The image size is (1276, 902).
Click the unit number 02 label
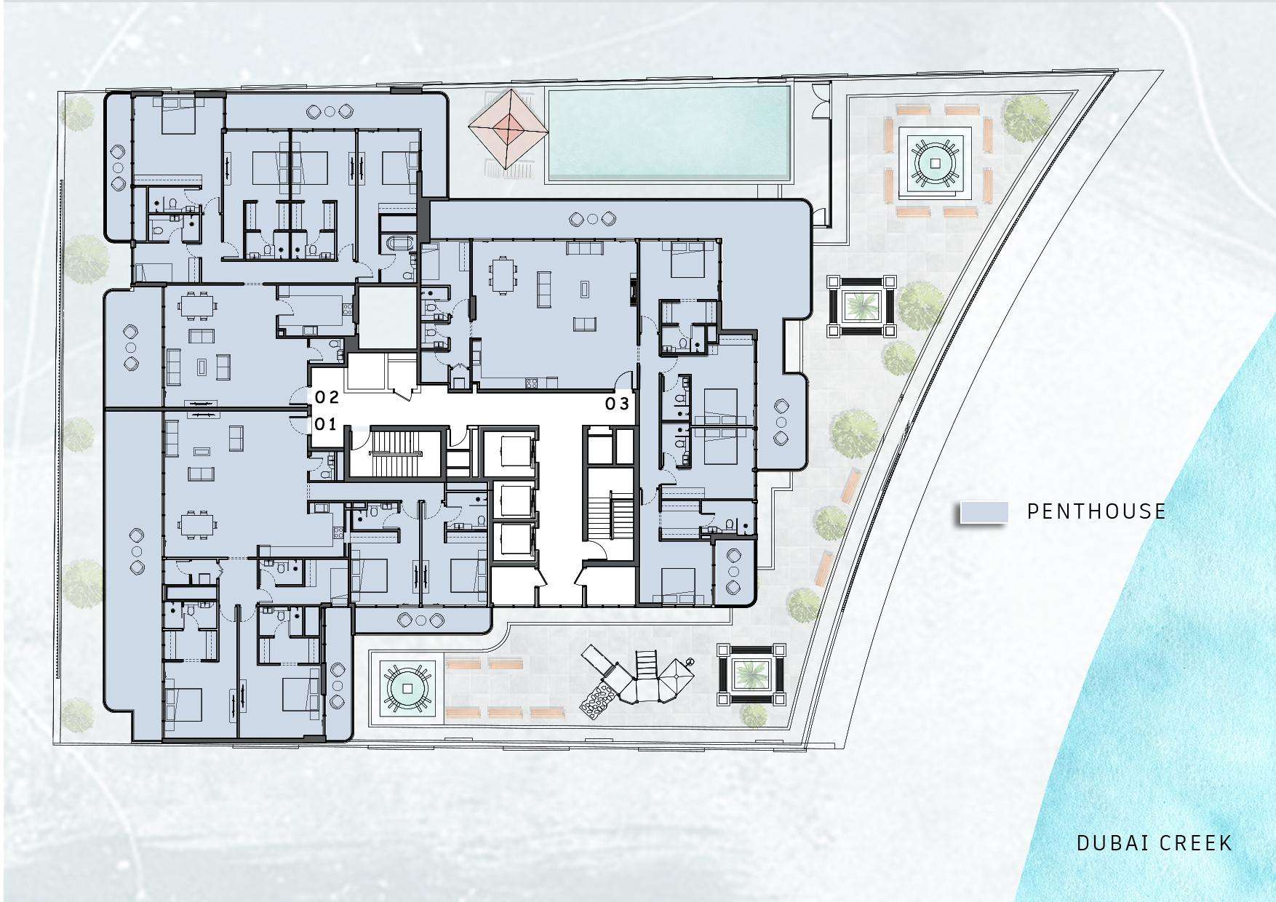[x=327, y=397]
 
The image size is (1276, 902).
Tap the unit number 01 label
[x=325, y=424]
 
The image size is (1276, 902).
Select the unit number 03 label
[x=617, y=404]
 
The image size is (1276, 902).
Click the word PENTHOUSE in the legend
[x=1096, y=511]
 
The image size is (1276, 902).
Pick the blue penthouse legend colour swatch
[x=984, y=512]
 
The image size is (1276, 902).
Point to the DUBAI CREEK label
[x=1155, y=843]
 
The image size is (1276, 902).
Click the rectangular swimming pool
[x=668, y=134]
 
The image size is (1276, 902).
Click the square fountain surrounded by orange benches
[x=936, y=163]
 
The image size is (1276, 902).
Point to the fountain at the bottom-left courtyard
[x=407, y=687]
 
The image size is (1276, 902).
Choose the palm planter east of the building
[x=862, y=306]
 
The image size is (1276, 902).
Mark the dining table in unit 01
[x=198, y=524]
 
